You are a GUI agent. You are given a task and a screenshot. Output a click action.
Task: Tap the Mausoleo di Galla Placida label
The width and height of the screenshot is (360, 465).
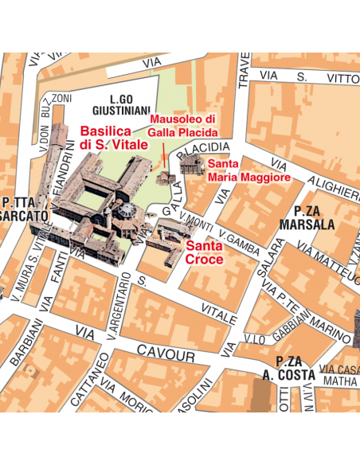[x=183, y=124]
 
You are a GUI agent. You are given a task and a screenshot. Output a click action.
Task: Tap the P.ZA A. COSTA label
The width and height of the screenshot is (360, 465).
[x=288, y=369]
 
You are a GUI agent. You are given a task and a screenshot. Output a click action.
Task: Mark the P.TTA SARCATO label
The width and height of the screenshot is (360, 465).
[x=24, y=209]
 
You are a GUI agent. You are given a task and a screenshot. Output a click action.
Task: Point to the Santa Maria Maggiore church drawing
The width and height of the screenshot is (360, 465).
[x=190, y=165]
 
